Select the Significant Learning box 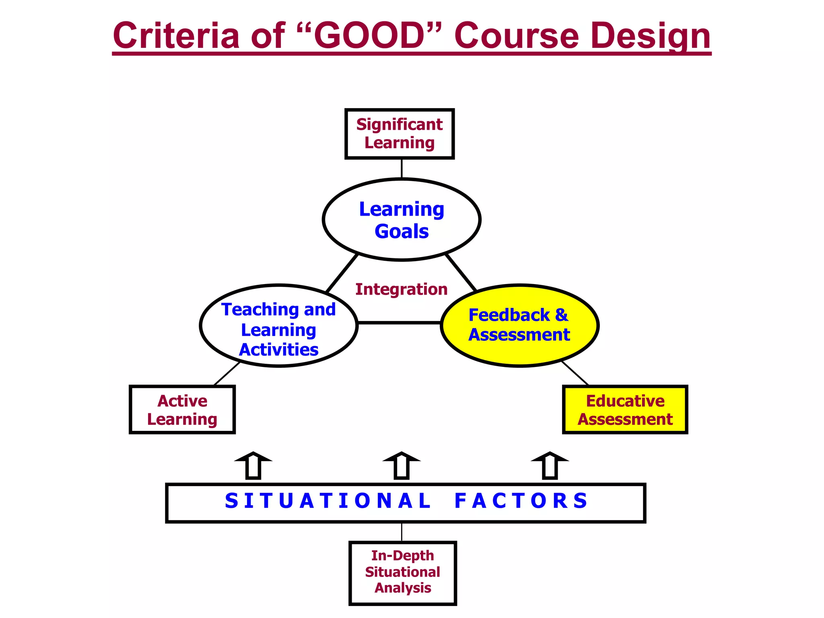coord(400,134)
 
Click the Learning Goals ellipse coord(402,220)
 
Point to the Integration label coord(401,289)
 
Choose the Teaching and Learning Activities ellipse coord(278,326)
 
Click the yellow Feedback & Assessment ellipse coord(519,325)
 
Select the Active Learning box coord(182,410)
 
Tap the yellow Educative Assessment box coord(625,410)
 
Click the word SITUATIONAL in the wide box coord(328,501)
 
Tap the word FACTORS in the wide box coord(521,501)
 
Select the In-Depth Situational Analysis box coord(402,573)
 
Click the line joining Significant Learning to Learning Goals coord(402,168)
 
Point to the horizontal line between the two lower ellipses coord(399,322)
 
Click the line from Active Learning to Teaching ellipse coord(227,374)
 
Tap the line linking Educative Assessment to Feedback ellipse coord(575,373)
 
